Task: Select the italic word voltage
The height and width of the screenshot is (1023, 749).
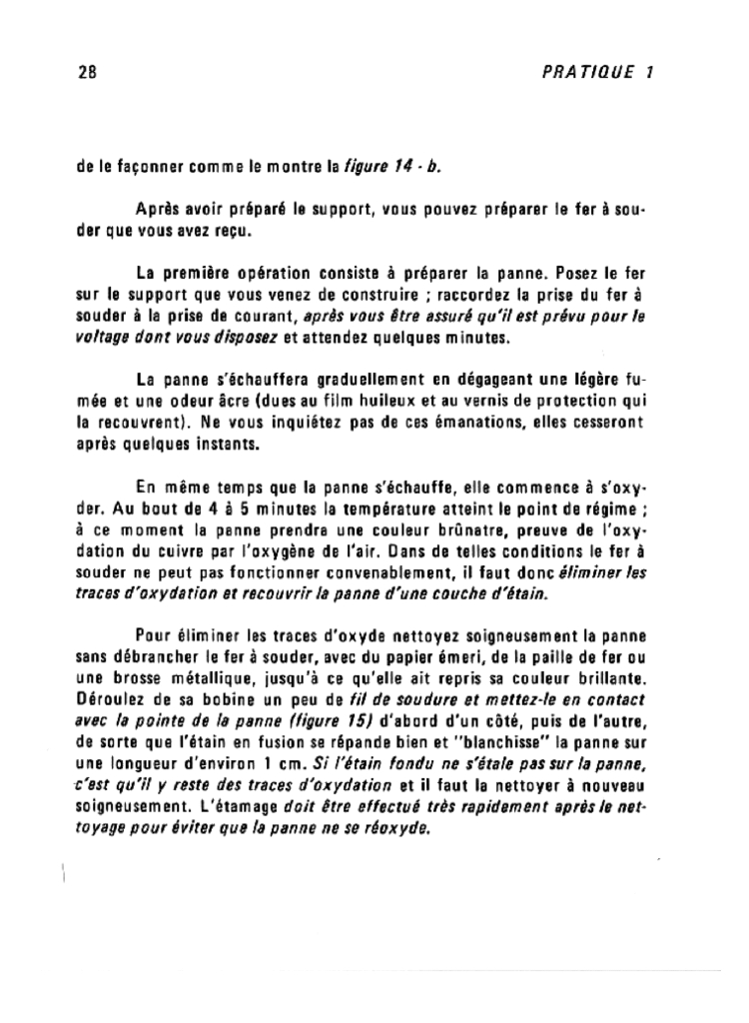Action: click(104, 337)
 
